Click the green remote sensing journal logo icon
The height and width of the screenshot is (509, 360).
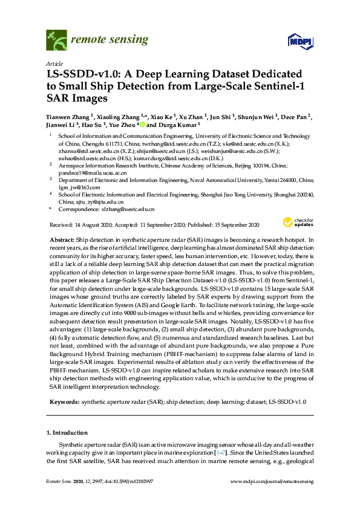[56, 41]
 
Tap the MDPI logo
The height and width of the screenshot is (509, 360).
[295, 42]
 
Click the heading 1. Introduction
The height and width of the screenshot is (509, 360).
[67, 433]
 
